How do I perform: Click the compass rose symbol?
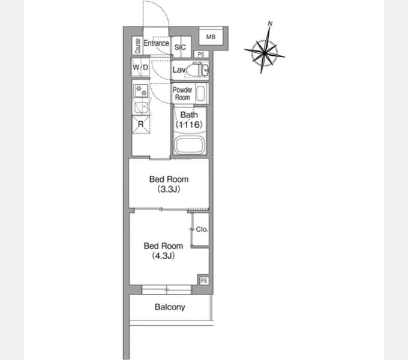tap(265, 51)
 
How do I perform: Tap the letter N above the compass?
tap(271, 23)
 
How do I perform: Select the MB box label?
tap(211, 37)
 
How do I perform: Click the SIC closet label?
tap(180, 47)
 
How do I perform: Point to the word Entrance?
tap(156, 43)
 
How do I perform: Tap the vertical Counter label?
tap(137, 45)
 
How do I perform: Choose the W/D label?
tap(140, 67)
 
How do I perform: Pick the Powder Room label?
tap(182, 94)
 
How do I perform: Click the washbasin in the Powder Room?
tap(201, 94)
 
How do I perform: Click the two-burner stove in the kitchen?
tap(141, 91)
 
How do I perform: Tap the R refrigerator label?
tap(140, 124)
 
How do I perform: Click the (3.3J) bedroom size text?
tap(169, 190)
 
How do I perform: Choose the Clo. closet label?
tap(201, 230)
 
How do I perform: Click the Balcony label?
tap(170, 307)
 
